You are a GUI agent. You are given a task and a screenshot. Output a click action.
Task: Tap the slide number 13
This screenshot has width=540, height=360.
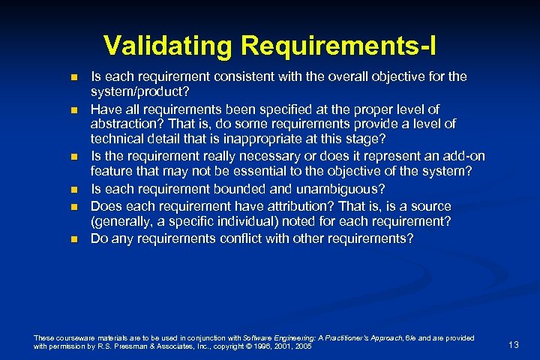tap(513, 344)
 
